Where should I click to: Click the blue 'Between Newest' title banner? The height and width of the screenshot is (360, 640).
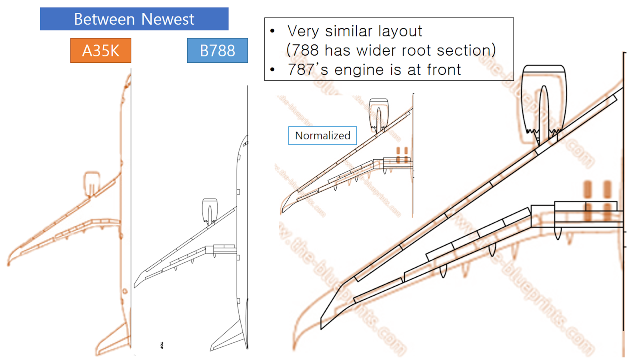coord(134,19)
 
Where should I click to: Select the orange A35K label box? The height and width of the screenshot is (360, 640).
coord(101,50)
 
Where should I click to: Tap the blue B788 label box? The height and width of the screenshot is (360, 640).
coord(217,50)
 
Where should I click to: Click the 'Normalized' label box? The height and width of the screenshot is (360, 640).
coord(322,136)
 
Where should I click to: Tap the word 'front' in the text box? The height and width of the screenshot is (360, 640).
coord(444,70)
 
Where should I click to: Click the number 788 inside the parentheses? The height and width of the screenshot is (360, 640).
coord(305,50)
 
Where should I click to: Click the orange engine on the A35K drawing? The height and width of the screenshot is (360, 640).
coord(92,183)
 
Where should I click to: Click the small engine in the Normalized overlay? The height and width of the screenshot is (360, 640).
coord(378,114)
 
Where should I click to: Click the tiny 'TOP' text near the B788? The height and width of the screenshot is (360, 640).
coord(162,345)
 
